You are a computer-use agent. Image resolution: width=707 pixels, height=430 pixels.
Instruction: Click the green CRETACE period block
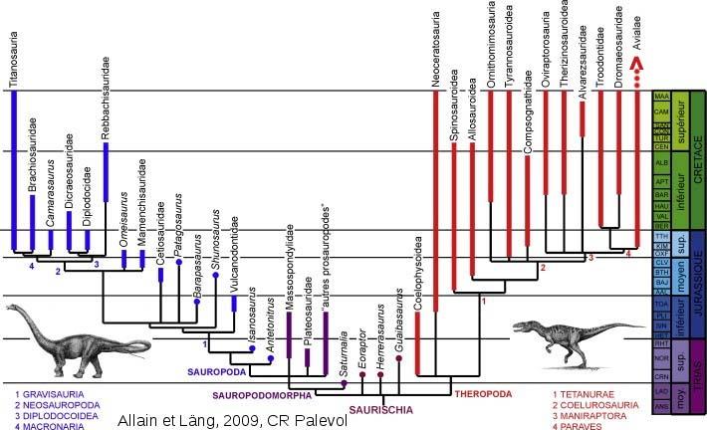point(698,159)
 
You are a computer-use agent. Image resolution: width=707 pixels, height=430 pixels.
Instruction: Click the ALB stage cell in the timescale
point(660,161)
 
